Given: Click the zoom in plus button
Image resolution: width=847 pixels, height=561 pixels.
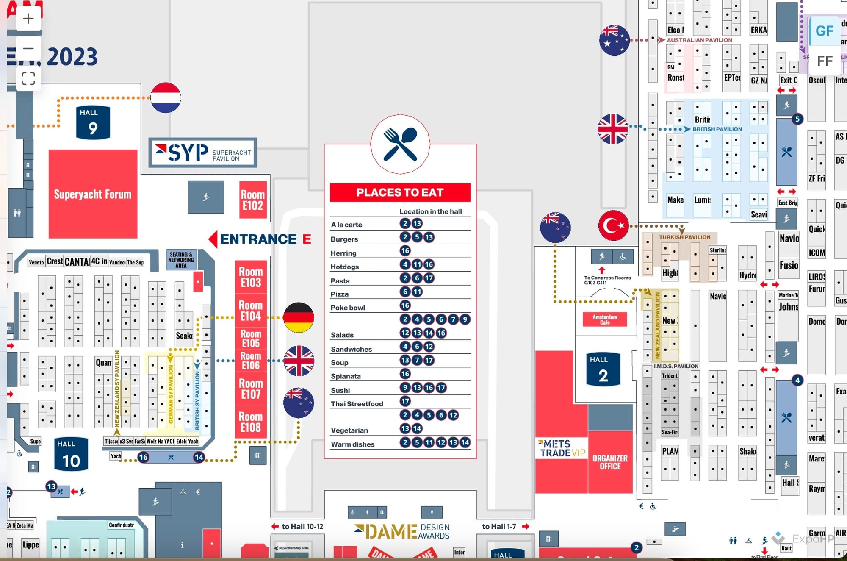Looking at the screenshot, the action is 28,19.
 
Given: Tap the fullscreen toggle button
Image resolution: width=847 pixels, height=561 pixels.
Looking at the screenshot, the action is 28,78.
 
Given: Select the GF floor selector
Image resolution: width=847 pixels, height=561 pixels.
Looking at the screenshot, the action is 824,31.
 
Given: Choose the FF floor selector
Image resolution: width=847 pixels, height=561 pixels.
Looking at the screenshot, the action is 824,61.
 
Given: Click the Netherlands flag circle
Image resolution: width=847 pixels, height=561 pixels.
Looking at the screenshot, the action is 166,98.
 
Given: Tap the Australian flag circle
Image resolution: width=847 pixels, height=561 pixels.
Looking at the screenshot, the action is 614,40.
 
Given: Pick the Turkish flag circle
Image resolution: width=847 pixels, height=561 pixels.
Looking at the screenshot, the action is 613,225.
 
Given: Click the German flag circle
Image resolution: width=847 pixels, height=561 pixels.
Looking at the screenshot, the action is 299,317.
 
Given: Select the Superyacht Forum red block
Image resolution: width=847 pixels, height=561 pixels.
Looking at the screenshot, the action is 93,194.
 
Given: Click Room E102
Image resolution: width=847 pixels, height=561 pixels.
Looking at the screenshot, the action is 253,200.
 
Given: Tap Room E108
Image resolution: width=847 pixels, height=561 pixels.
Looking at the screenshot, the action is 251,422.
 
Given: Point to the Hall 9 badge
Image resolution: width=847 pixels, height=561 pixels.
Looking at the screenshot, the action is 93,122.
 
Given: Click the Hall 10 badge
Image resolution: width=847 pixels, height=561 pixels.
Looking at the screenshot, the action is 71,455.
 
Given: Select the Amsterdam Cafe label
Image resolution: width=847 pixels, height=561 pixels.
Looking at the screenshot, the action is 605,319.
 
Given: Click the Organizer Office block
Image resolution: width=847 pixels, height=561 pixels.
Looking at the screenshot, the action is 610,462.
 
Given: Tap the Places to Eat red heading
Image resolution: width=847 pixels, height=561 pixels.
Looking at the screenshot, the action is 400,192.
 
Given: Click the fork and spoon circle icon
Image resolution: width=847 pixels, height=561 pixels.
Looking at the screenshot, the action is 400,144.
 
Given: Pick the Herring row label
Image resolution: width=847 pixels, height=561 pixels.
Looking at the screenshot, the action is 343,253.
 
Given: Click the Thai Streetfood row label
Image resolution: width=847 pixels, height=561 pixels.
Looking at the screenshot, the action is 357,404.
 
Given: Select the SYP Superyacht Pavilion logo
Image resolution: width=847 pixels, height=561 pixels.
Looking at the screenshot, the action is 203,153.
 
